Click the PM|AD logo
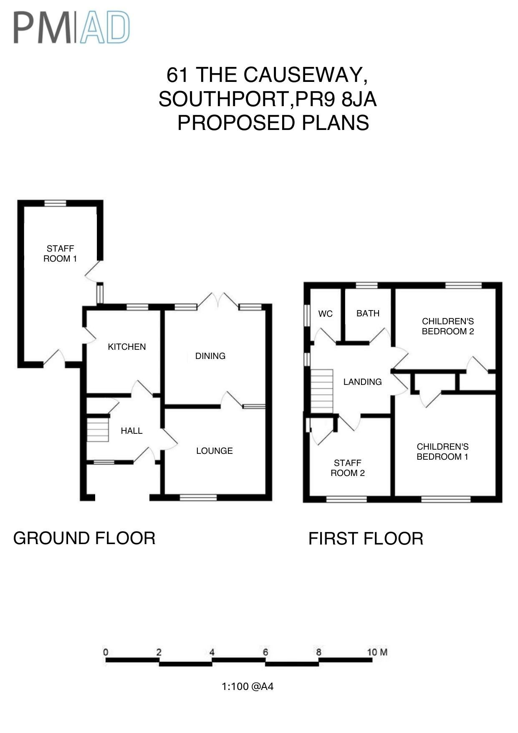click(71, 28)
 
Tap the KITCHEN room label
click(126, 347)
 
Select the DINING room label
click(210, 356)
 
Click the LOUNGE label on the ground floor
click(215, 451)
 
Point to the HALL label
click(131, 431)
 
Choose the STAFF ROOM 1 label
click(60, 254)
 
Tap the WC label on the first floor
click(325, 314)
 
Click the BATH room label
click(368, 313)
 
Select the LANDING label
click(362, 382)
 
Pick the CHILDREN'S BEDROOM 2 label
click(448, 326)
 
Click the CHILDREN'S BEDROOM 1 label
click(442, 452)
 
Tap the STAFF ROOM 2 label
click(348, 468)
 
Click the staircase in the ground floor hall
click(98, 428)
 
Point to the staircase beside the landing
click(322, 390)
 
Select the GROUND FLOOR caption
click(84, 538)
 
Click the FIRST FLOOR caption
click(366, 539)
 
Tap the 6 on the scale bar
click(265, 652)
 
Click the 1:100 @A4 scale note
click(248, 687)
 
